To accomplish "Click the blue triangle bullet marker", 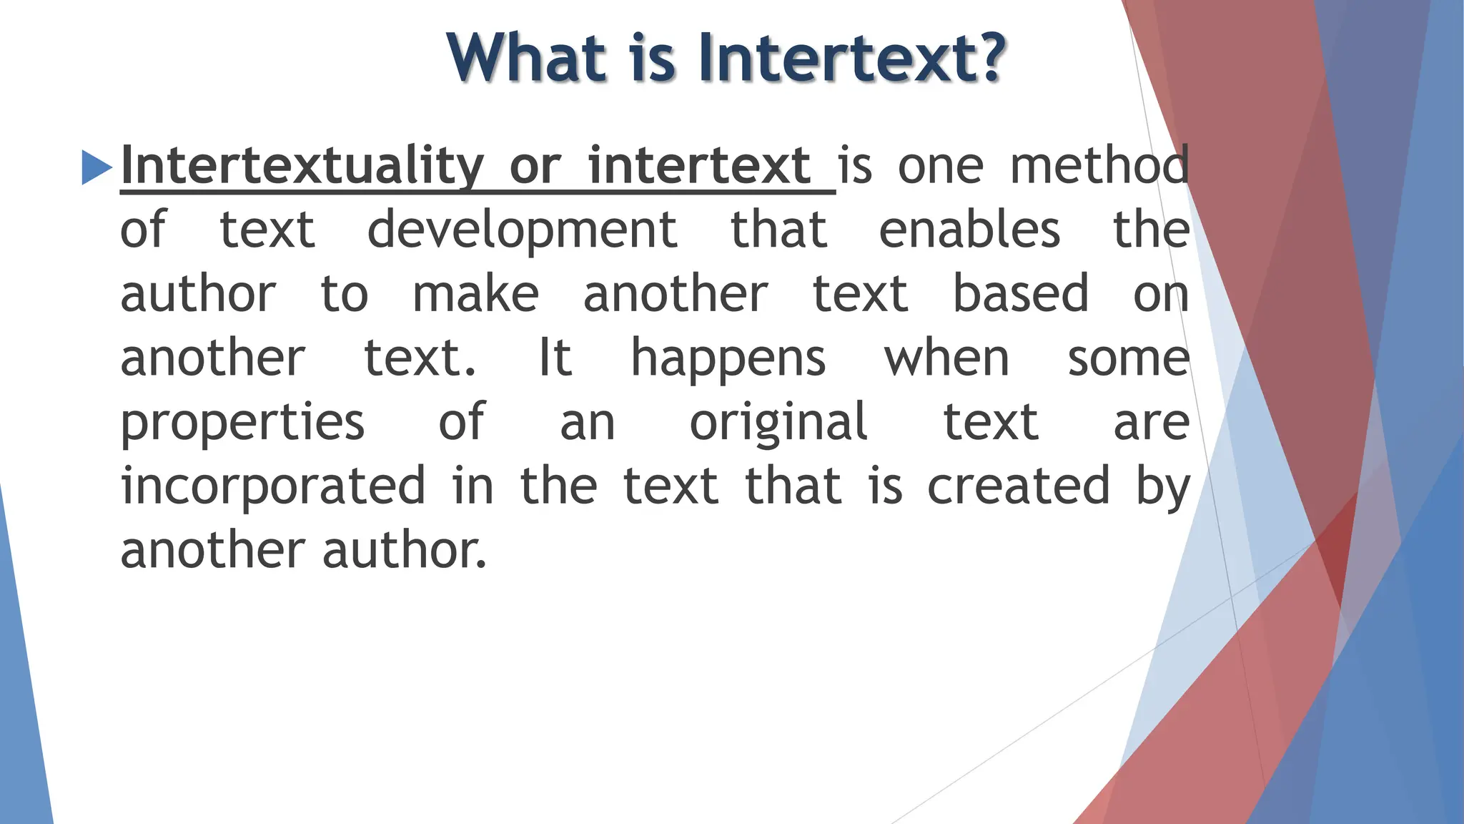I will (97, 167).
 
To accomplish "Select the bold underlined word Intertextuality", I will (302, 166).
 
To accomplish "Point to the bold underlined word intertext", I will (699, 166).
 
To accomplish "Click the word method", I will (1099, 166).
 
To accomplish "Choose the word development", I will (522, 230).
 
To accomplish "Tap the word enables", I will (969, 230).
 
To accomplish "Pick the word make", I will (475, 294).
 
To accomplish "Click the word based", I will (1021, 294).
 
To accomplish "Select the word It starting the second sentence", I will (555, 358).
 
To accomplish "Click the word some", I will (1128, 358).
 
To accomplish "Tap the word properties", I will (242, 423).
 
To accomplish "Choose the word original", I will (778, 423).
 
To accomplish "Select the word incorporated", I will (273, 486).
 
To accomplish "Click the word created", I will (1019, 486).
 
